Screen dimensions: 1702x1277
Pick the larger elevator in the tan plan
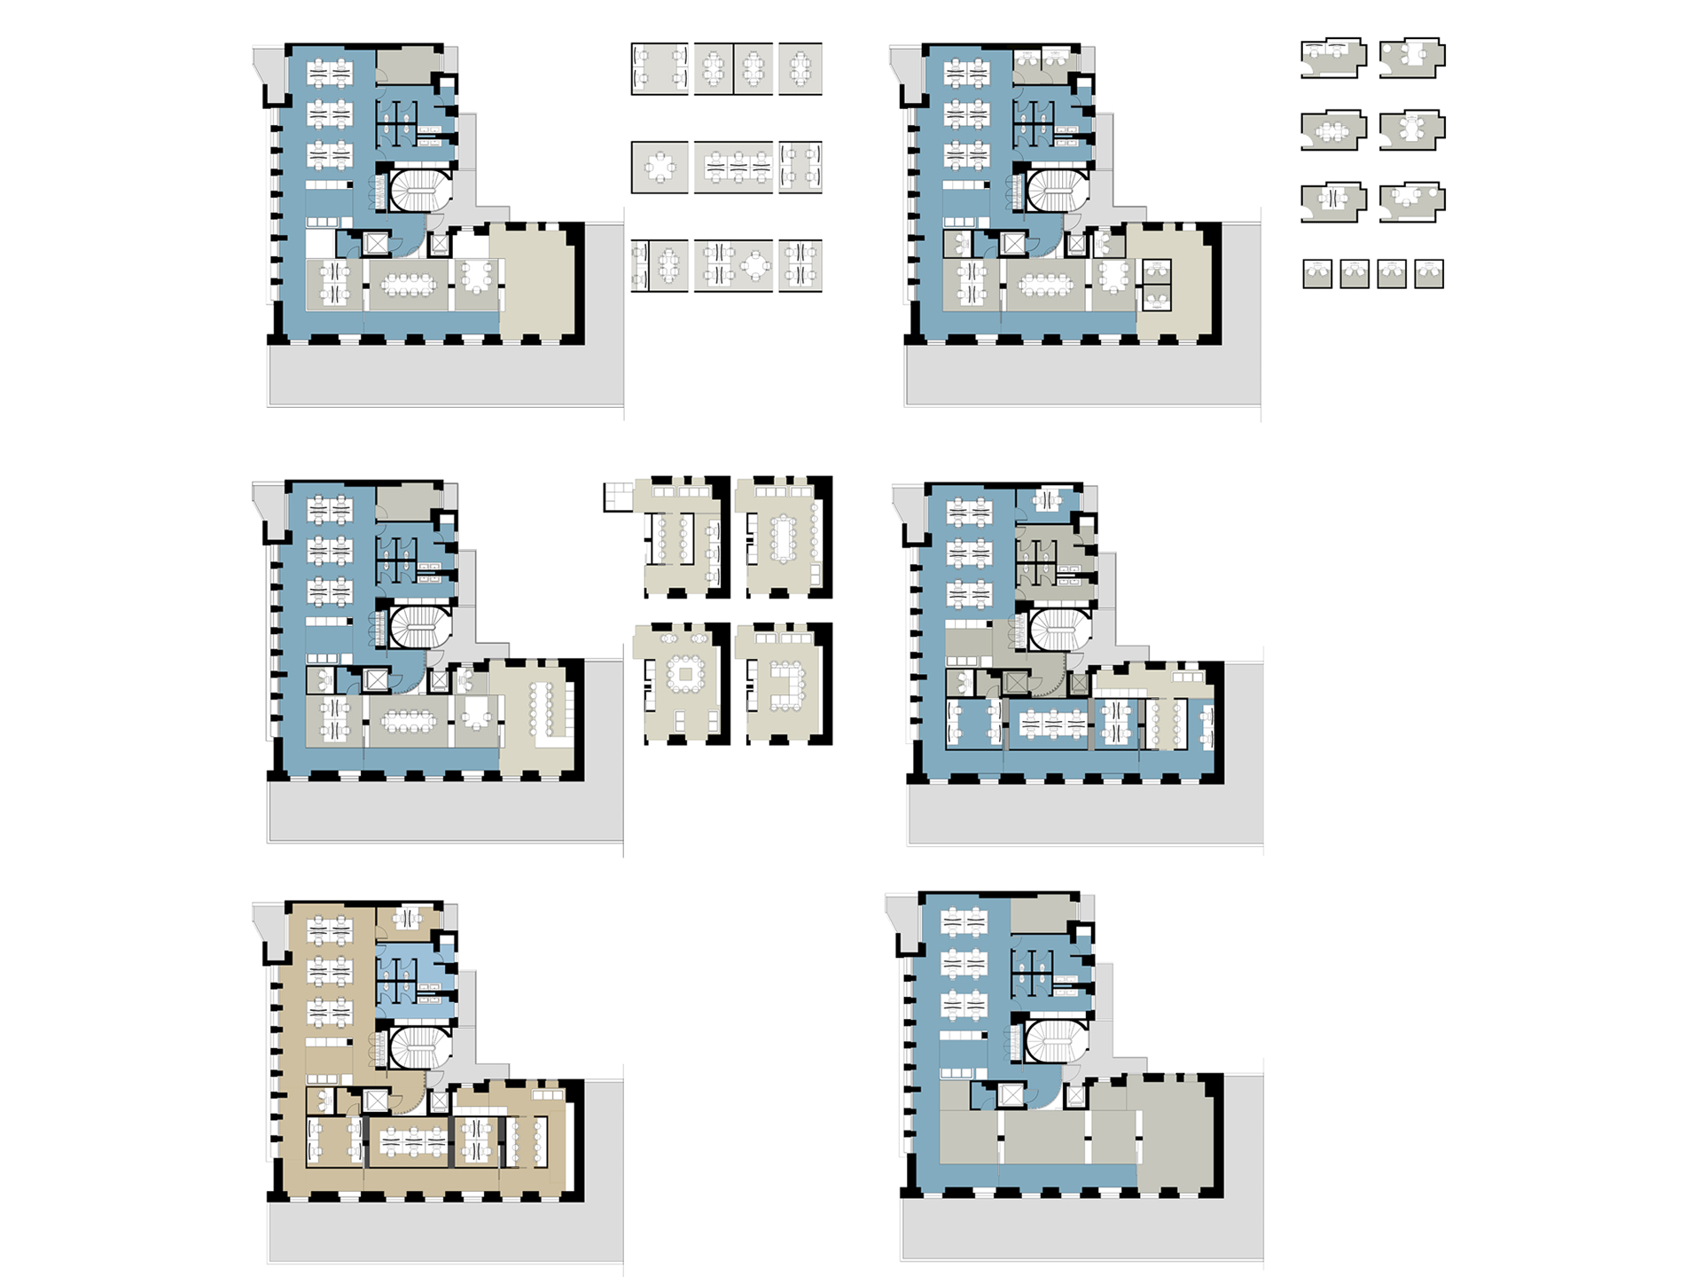(377, 1101)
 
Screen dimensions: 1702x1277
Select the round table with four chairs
(756, 265)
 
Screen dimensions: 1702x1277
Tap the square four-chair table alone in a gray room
(660, 167)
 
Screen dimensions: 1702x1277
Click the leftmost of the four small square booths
(1317, 274)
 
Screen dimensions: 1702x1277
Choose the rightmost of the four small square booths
(1429, 274)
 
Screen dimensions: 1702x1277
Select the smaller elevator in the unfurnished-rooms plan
(1074, 1097)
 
